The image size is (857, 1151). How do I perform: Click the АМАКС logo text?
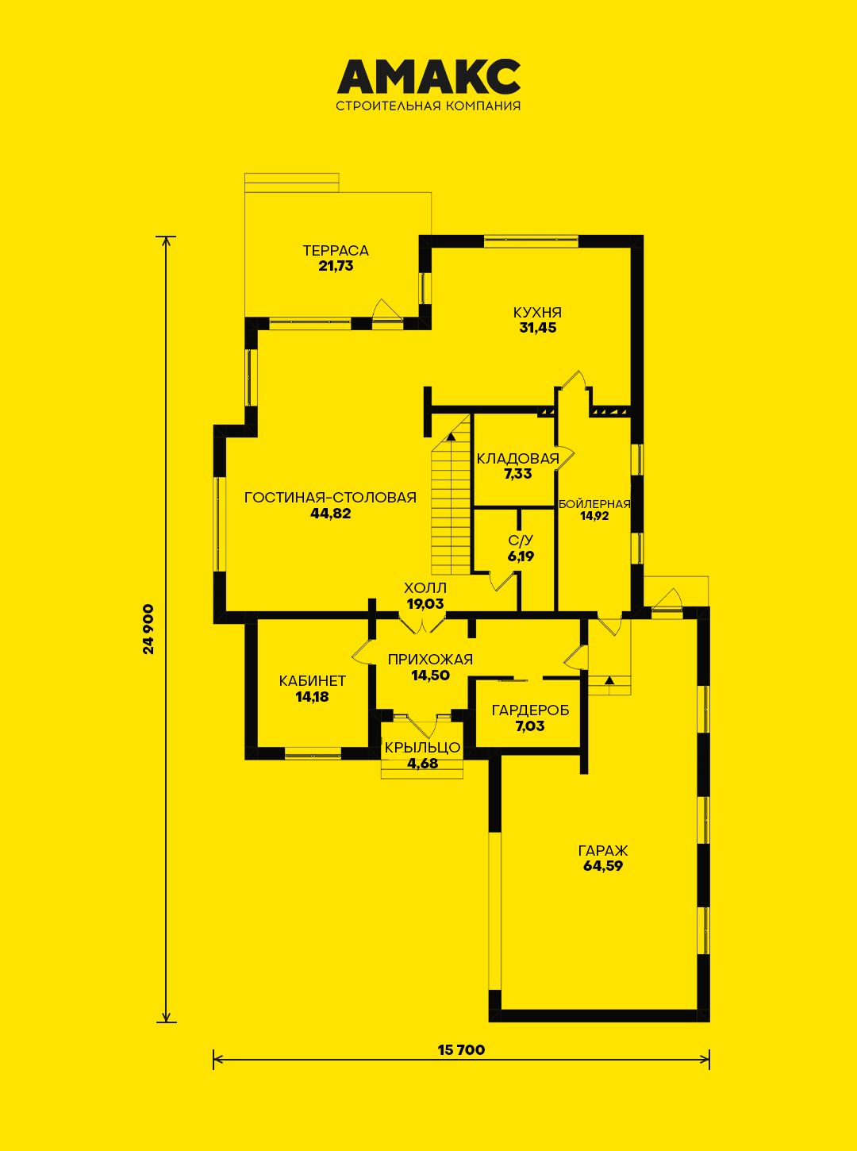coord(428,75)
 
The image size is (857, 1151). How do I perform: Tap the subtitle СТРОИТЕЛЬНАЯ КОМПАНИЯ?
coord(428,106)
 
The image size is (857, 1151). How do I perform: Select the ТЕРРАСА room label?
coord(336,251)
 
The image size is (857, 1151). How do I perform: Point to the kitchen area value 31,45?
coord(537,328)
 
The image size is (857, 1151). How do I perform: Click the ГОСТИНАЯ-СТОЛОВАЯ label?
coord(330,497)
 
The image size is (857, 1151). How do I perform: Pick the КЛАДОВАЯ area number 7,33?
coord(517,474)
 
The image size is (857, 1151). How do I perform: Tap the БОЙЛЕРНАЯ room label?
coord(594,504)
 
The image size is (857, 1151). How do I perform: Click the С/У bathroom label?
coord(521,541)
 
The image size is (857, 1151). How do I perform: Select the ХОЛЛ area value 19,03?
coord(425,604)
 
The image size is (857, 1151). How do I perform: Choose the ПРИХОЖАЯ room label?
coord(431,660)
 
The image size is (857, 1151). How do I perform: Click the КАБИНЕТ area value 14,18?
coord(313,697)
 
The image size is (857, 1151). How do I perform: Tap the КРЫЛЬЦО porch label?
coord(422,747)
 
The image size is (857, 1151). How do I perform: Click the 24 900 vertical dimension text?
coord(149,629)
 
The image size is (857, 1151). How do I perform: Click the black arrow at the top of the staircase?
coord(452,437)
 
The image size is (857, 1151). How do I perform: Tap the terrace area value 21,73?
coord(336,266)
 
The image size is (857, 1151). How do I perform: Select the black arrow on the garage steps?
coord(610,679)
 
